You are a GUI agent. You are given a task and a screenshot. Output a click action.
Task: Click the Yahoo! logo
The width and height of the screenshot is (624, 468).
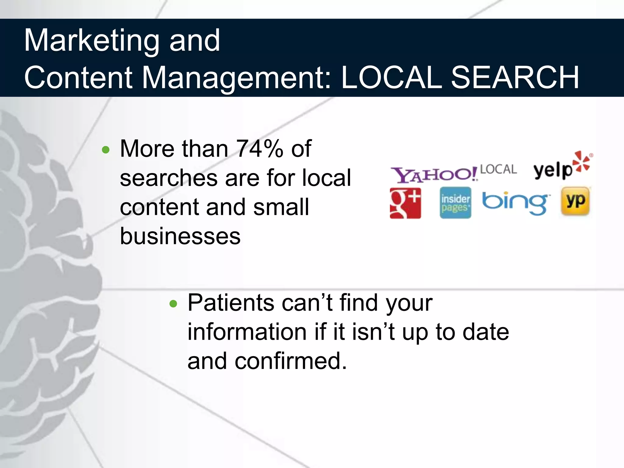(x=434, y=175)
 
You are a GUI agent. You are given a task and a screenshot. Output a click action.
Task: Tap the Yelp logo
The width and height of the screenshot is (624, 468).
(x=553, y=170)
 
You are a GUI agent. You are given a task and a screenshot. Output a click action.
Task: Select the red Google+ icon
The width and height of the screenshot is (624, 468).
(x=405, y=203)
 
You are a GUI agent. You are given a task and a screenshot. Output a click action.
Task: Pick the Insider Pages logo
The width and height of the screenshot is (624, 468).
(x=455, y=203)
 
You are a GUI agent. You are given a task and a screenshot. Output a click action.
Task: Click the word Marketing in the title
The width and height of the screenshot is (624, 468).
(x=92, y=41)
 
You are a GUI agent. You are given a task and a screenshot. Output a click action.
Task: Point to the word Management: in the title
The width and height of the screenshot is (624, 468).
(x=236, y=78)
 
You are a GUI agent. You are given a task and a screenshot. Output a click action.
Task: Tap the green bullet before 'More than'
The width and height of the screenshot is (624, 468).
(x=106, y=150)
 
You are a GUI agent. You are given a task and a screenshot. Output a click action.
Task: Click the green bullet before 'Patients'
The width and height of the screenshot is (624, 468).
(x=173, y=304)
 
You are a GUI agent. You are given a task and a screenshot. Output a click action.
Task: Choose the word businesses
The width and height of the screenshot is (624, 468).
(x=180, y=236)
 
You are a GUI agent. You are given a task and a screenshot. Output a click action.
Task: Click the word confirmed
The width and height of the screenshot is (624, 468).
(x=291, y=361)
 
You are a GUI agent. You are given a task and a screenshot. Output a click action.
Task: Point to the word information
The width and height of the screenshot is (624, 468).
(x=247, y=332)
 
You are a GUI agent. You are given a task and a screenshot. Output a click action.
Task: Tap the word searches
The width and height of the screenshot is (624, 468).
(x=168, y=178)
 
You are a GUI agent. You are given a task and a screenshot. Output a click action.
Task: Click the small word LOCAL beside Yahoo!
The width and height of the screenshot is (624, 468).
(x=498, y=169)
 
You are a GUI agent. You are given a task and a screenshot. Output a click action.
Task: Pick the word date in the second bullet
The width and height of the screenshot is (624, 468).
(x=486, y=332)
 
